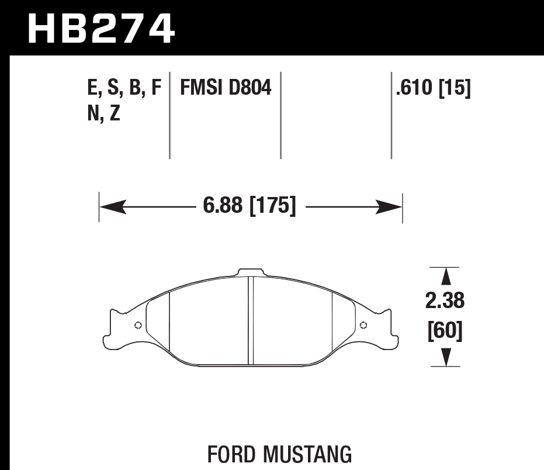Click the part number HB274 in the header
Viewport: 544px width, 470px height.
pos(101,29)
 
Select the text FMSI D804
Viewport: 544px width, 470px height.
pos(226,88)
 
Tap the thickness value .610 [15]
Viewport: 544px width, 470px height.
pos(433,88)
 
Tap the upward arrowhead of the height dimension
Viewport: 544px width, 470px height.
pos(445,277)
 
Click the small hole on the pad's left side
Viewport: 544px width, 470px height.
pos(138,326)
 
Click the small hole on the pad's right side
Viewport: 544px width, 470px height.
pos(363,326)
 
